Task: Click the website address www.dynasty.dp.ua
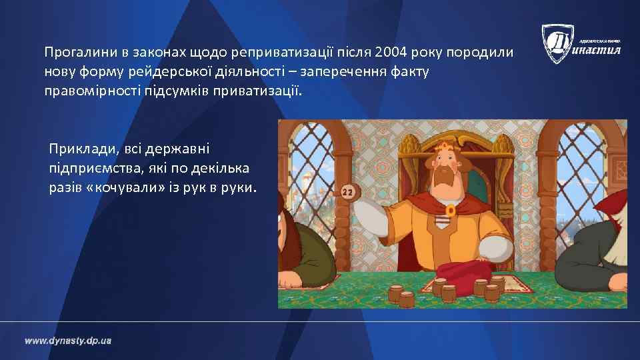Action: [x=69, y=341]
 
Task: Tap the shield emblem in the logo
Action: [x=557, y=43]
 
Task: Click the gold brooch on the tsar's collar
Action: [x=451, y=211]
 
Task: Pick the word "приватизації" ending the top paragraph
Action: [x=266, y=90]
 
